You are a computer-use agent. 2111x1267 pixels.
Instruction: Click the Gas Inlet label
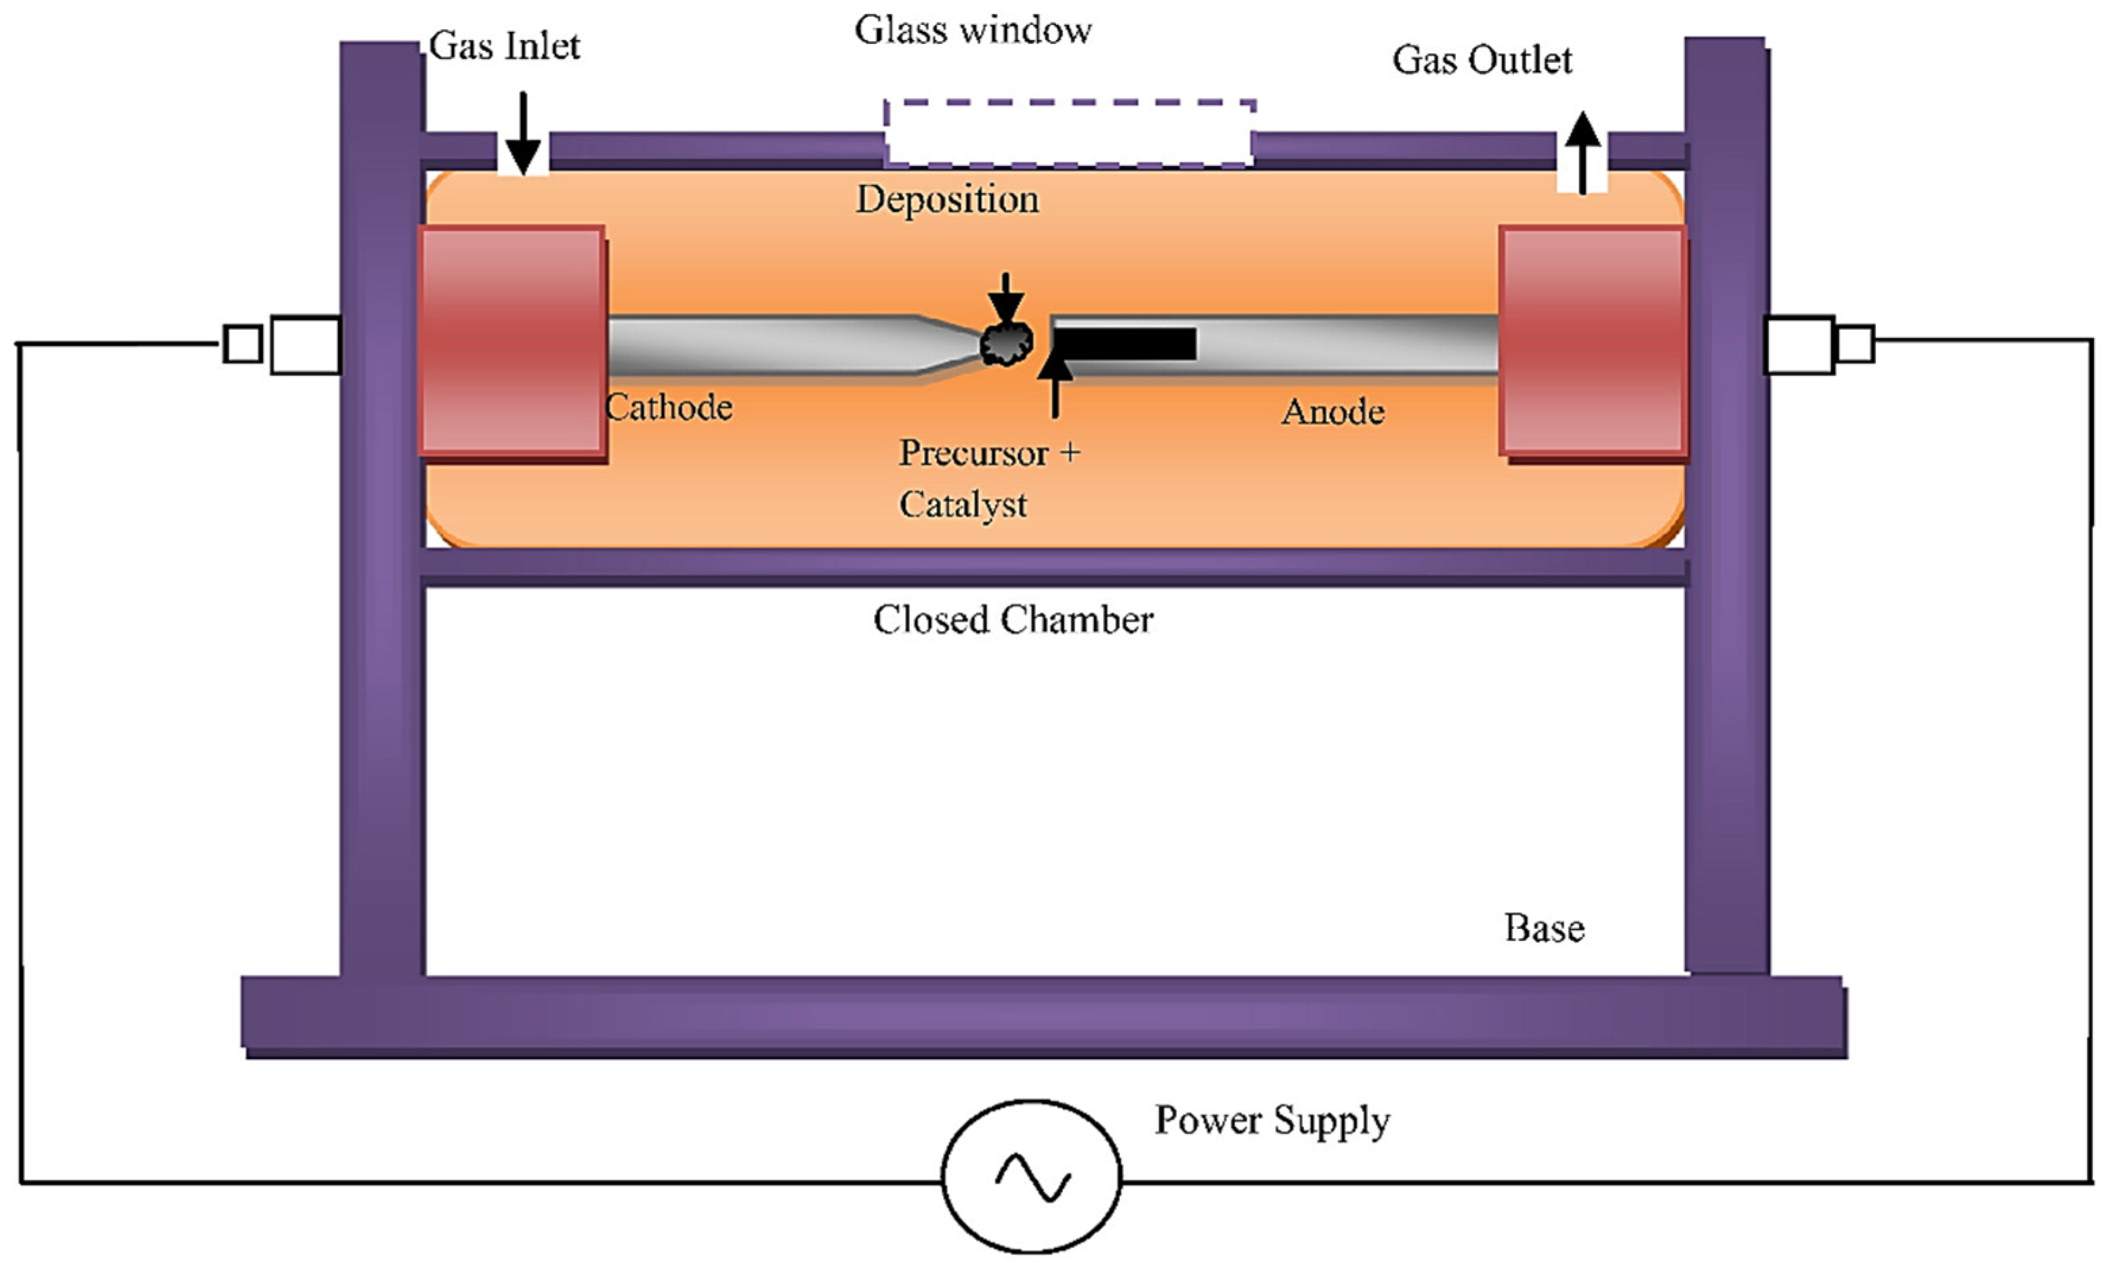(x=503, y=46)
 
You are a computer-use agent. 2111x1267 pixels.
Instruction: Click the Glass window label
(x=973, y=30)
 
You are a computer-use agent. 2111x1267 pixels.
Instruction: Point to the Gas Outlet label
(x=1482, y=60)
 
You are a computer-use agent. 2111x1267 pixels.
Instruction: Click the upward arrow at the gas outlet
(x=1583, y=154)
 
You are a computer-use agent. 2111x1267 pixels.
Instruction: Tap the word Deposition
(x=948, y=200)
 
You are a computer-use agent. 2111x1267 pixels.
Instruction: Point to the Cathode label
(x=669, y=407)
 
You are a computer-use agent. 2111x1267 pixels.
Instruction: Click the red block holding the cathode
(x=512, y=341)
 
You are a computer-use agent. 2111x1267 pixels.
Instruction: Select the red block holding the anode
(x=1593, y=341)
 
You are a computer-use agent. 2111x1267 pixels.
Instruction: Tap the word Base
(x=1544, y=928)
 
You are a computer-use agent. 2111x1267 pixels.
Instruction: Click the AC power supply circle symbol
(x=1031, y=1176)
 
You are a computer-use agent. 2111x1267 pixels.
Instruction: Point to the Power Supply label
(x=1272, y=1120)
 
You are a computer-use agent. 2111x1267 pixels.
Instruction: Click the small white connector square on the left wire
(x=243, y=344)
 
